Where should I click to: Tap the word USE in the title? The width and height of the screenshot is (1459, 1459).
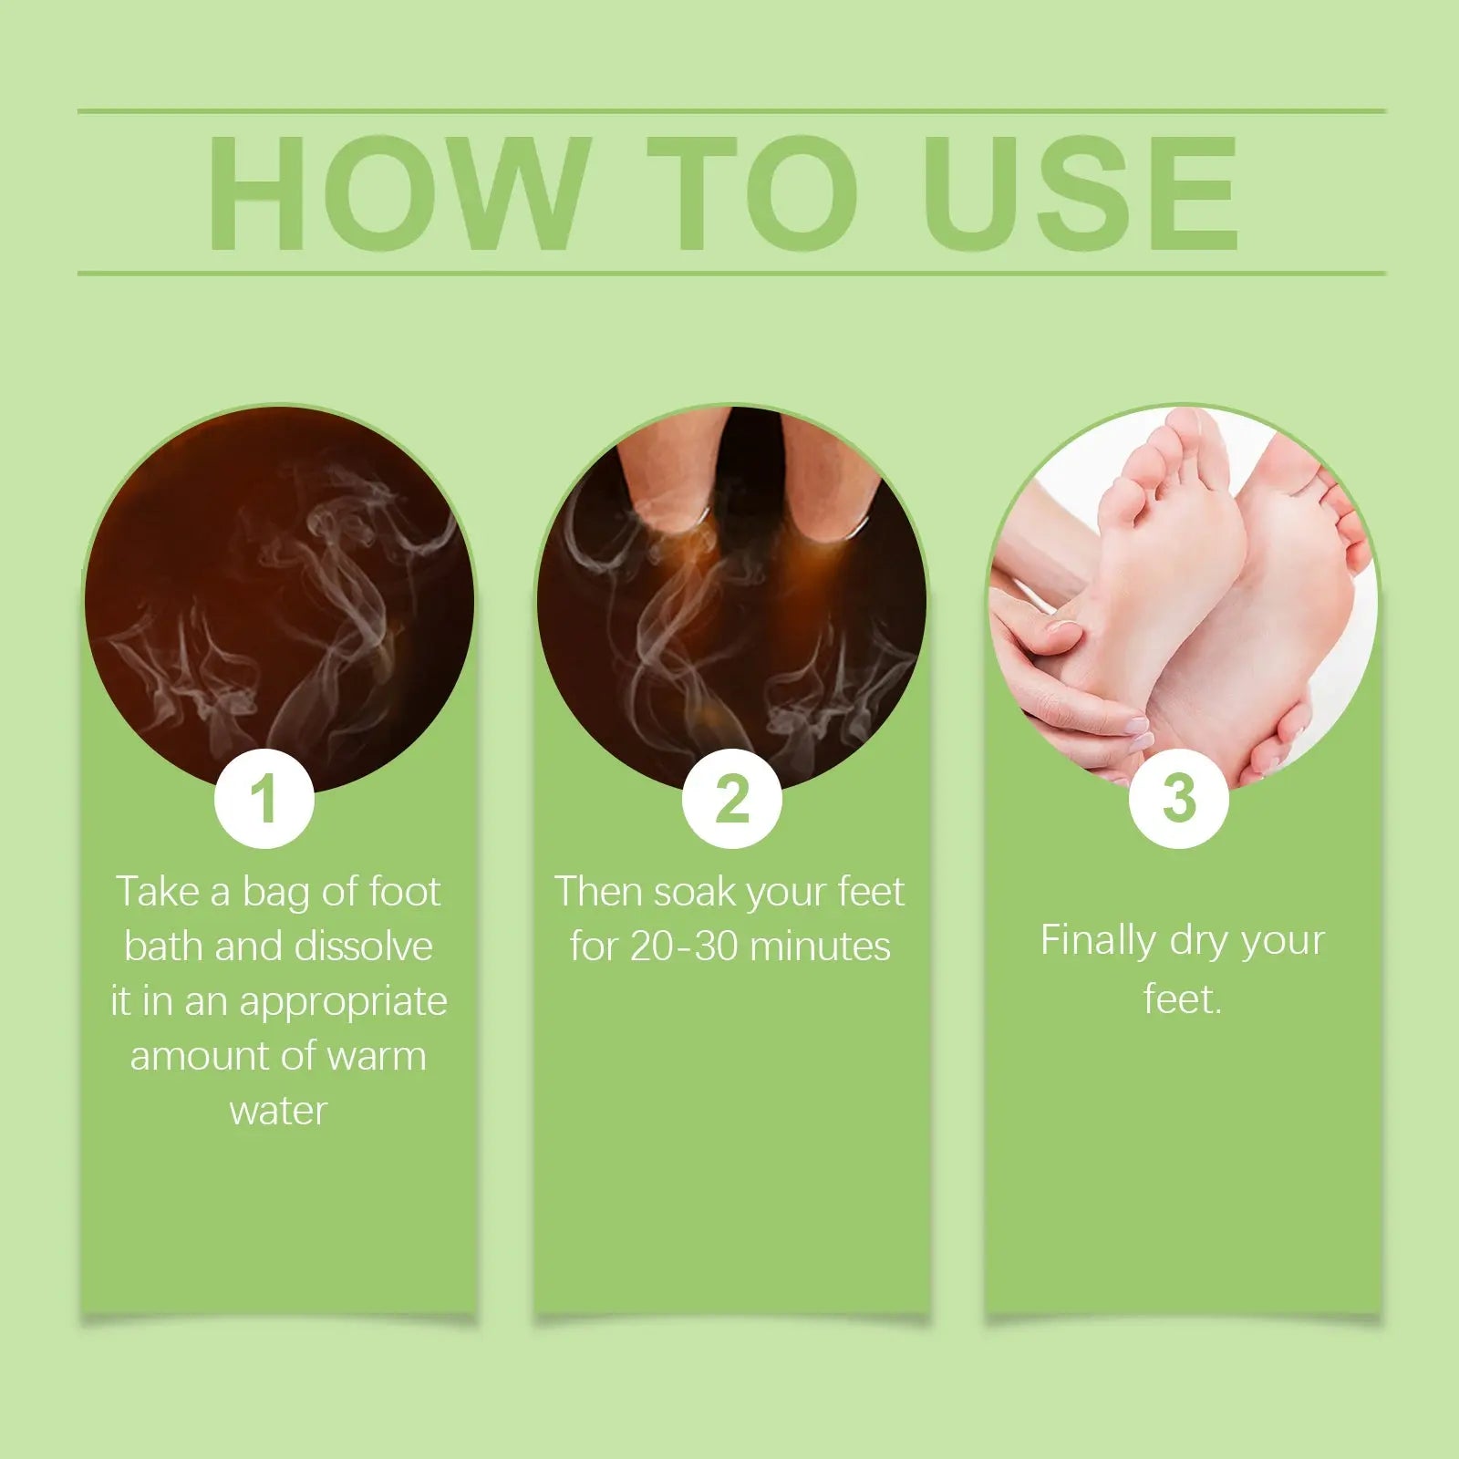pyautogui.click(x=1081, y=192)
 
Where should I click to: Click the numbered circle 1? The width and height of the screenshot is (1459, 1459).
pyautogui.click(x=264, y=799)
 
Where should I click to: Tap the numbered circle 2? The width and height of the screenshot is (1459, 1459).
pyautogui.click(x=732, y=799)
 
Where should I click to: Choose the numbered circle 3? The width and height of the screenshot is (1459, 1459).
pyautogui.click(x=1179, y=799)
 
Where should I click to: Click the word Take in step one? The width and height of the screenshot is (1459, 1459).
pyautogui.click(x=159, y=892)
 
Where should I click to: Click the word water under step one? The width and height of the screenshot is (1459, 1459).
pyautogui.click(x=278, y=1111)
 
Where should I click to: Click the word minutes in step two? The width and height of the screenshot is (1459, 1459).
pyautogui.click(x=821, y=947)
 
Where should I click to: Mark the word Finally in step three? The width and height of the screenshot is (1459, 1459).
pyautogui.click(x=1098, y=941)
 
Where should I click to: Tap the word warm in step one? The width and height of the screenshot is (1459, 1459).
pyautogui.click(x=377, y=1056)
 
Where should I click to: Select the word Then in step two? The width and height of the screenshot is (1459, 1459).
pyautogui.click(x=597, y=892)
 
